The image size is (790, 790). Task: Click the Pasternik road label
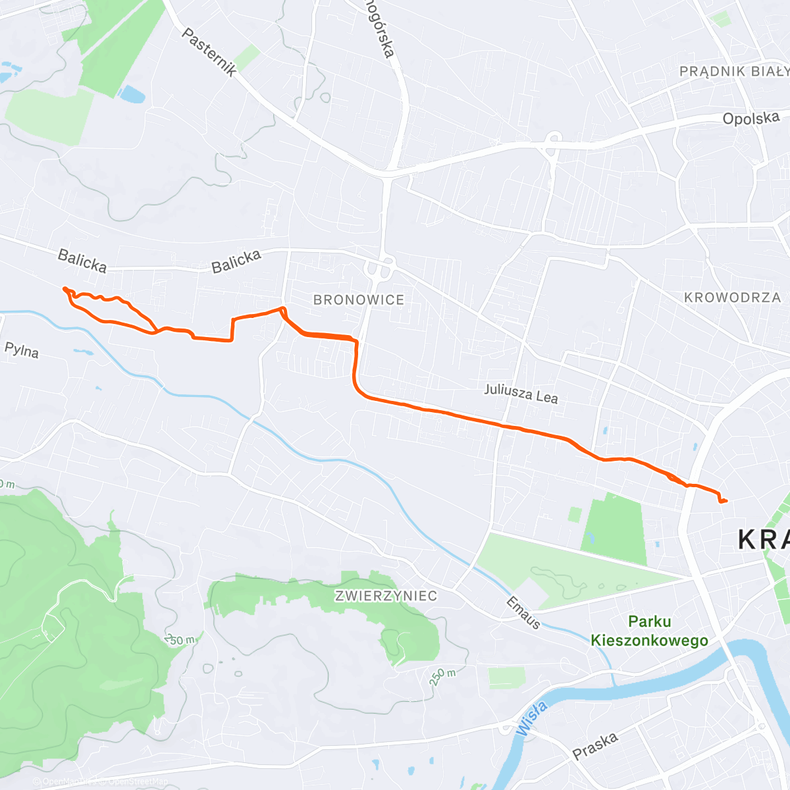click(x=209, y=52)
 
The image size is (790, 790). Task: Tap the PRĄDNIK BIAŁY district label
click(x=733, y=71)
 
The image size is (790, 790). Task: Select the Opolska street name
click(x=750, y=118)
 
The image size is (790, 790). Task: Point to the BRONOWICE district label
click(x=359, y=300)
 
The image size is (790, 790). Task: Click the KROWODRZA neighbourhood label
click(x=732, y=298)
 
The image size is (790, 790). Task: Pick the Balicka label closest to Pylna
click(x=82, y=260)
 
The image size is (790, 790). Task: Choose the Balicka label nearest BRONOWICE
click(x=236, y=261)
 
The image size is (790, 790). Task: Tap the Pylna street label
click(x=22, y=350)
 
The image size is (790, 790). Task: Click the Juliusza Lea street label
click(x=521, y=393)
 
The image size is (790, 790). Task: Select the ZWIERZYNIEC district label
click(x=386, y=596)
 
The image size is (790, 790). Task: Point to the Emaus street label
click(x=523, y=612)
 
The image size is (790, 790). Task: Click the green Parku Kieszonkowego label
click(x=649, y=631)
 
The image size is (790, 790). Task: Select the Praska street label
click(x=595, y=746)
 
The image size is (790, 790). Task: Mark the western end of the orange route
click(x=64, y=288)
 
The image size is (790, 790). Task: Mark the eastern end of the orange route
click(x=726, y=501)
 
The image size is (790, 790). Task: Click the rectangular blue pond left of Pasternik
click(x=132, y=94)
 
